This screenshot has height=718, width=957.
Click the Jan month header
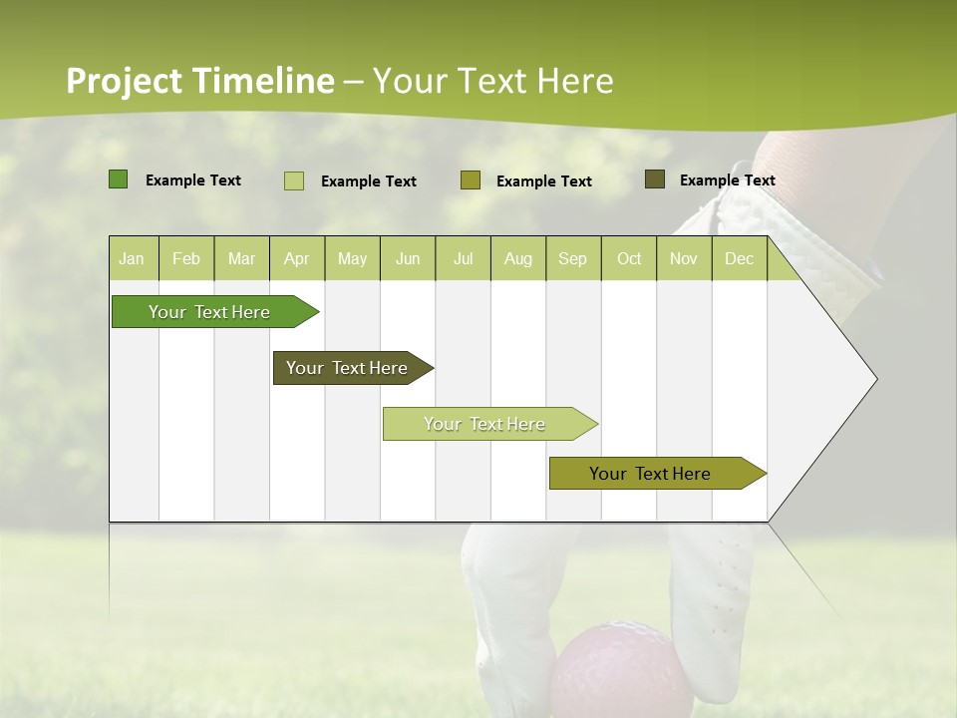coord(132,259)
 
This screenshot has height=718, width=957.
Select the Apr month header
coord(296,259)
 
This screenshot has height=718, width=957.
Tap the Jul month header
coord(463,259)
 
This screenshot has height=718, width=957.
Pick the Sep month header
coord(572,259)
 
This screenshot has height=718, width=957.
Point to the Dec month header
coord(739,259)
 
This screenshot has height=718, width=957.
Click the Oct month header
coord(629,259)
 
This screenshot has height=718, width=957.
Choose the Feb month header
coord(186,259)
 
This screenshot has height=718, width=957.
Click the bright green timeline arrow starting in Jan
coord(209,312)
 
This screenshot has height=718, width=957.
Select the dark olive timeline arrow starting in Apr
coord(347,368)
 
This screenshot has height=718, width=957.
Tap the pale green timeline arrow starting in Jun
coord(484,424)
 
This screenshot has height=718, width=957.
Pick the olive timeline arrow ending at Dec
coord(650,474)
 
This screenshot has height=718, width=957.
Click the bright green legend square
coord(119,179)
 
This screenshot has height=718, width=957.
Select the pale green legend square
coord(294,180)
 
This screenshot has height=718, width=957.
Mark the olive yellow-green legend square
coord(471,180)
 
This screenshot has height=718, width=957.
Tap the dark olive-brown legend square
coord(655,179)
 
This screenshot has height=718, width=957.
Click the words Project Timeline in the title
coord(199,81)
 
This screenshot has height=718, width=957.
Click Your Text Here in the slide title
coord(492,81)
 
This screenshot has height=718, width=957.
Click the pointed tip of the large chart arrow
coord(874,379)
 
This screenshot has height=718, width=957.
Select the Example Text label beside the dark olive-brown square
coord(727,180)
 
